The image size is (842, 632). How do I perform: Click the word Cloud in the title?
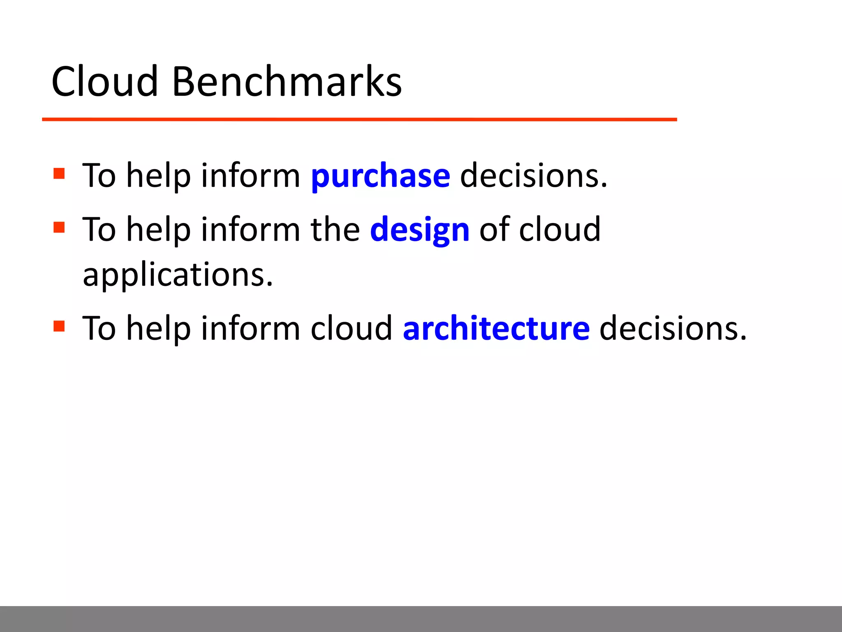(104, 82)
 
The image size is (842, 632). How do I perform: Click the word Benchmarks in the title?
(287, 82)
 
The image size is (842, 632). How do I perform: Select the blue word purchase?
(380, 177)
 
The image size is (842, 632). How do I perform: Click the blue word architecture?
(496, 329)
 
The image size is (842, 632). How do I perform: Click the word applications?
(178, 275)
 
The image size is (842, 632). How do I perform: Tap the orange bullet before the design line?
(59, 227)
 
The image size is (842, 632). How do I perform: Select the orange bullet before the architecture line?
(59, 326)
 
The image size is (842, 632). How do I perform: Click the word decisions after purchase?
(533, 176)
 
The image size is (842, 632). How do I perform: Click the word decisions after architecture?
(673, 329)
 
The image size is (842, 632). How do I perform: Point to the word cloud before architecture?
(351, 329)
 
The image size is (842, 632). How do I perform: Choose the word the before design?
(335, 230)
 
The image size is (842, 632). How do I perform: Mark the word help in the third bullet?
(158, 329)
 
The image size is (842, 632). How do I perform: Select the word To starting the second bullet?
(99, 230)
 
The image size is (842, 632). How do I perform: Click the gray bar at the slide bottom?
(421, 618)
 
